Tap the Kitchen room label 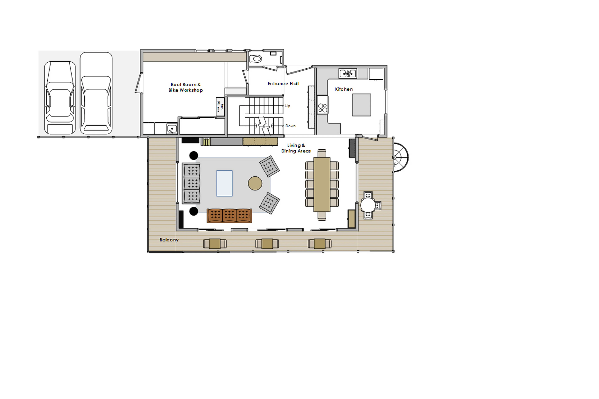coord(344,89)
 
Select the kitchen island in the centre coord(361,105)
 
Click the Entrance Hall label coord(283,83)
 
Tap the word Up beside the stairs coord(287,106)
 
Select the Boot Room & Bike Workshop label coord(186,87)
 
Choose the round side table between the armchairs coord(255,183)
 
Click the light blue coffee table coord(224,183)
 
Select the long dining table coord(322,184)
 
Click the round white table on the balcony coord(368,205)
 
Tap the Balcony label coord(169,240)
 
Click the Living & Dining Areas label coord(296,148)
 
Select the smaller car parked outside coord(60,98)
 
